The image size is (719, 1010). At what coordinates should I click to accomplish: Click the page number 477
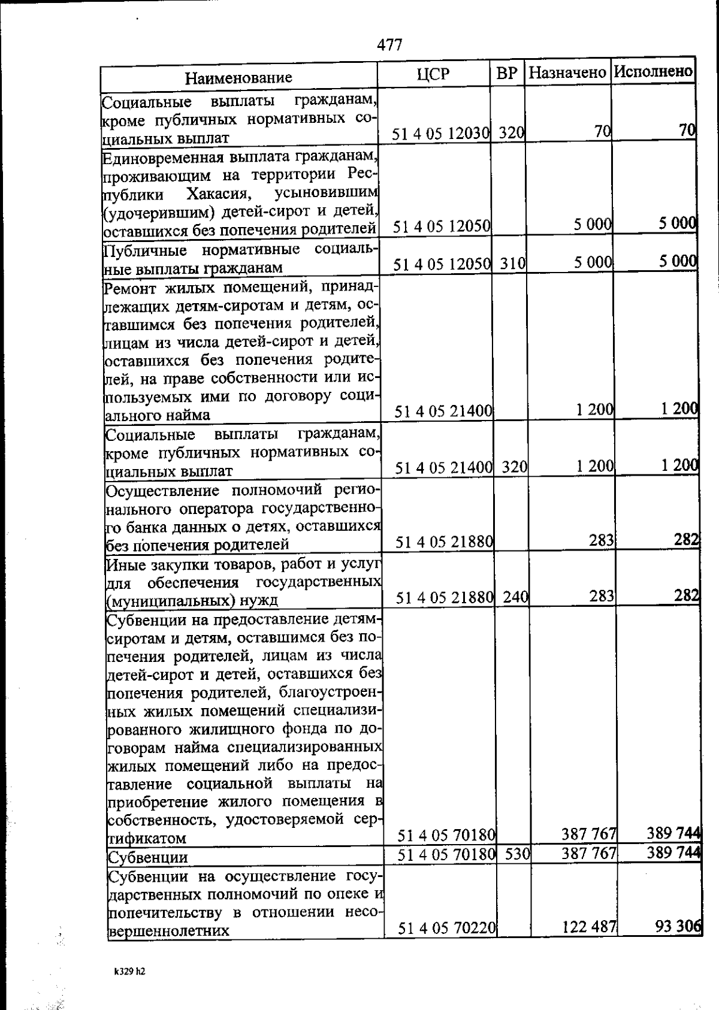389,45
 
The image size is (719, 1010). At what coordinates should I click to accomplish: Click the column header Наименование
238,77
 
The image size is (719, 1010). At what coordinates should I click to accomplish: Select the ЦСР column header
433,75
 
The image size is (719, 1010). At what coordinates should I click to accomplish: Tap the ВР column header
507,74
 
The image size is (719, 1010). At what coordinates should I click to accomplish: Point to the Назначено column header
567,74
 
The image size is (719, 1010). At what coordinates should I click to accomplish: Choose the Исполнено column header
654,72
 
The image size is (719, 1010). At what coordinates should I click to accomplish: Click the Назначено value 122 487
590,927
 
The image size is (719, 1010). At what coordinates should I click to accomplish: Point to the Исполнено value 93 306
678,927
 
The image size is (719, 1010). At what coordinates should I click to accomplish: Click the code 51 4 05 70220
446,929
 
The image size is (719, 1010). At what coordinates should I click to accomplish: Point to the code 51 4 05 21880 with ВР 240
444,597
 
